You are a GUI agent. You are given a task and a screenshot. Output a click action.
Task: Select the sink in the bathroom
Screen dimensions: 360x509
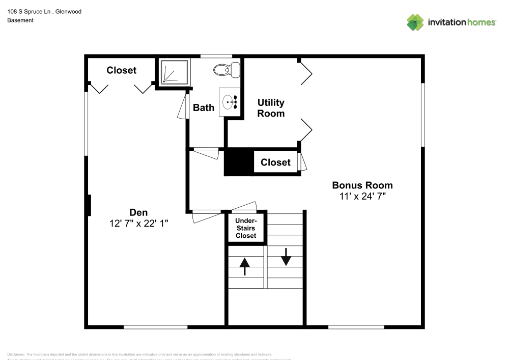pos(230,102)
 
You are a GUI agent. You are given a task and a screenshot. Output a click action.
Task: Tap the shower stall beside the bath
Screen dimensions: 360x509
pos(173,72)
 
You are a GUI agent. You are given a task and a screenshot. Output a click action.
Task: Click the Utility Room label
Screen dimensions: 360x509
pos(271,108)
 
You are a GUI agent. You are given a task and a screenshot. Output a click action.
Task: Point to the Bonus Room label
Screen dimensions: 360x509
pos(362,185)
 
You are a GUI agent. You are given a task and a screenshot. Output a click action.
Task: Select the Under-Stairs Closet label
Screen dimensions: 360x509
pos(246,228)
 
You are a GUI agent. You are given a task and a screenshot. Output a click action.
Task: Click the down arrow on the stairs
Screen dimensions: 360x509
pos(286,256)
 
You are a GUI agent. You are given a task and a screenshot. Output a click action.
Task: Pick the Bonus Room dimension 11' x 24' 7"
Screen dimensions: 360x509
pos(362,196)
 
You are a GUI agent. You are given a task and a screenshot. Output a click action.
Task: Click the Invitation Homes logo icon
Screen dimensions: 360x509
pos(415,22)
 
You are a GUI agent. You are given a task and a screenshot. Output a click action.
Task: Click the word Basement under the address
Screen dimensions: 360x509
pos(20,20)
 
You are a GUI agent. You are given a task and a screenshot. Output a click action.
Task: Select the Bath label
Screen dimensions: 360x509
pos(204,107)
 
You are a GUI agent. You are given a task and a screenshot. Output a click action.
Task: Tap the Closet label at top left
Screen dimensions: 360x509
pos(121,70)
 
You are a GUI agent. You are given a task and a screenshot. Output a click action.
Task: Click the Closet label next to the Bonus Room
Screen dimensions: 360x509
pos(275,162)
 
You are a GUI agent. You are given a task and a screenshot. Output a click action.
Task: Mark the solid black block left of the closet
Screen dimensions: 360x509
pos(239,162)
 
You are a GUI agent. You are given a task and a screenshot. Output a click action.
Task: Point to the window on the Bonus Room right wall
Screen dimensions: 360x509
pos(422,115)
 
